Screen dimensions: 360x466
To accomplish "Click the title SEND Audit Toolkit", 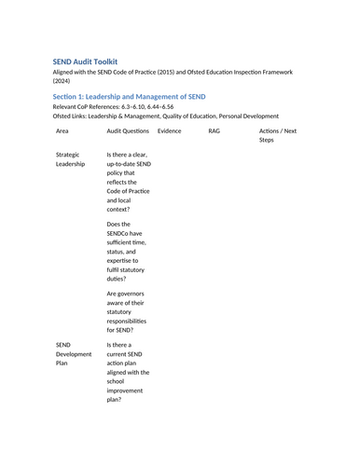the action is (x=90, y=62).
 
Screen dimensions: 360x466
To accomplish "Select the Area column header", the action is (x=62, y=131).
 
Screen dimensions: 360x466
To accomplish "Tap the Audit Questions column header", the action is (x=129, y=131).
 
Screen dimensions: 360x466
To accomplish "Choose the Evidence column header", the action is (x=170, y=131).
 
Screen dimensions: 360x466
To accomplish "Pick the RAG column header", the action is (x=215, y=131).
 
